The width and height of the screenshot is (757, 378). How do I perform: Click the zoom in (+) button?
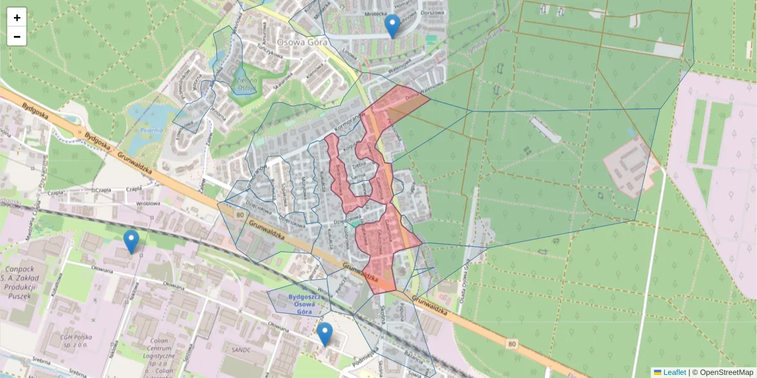[x=17, y=18]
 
